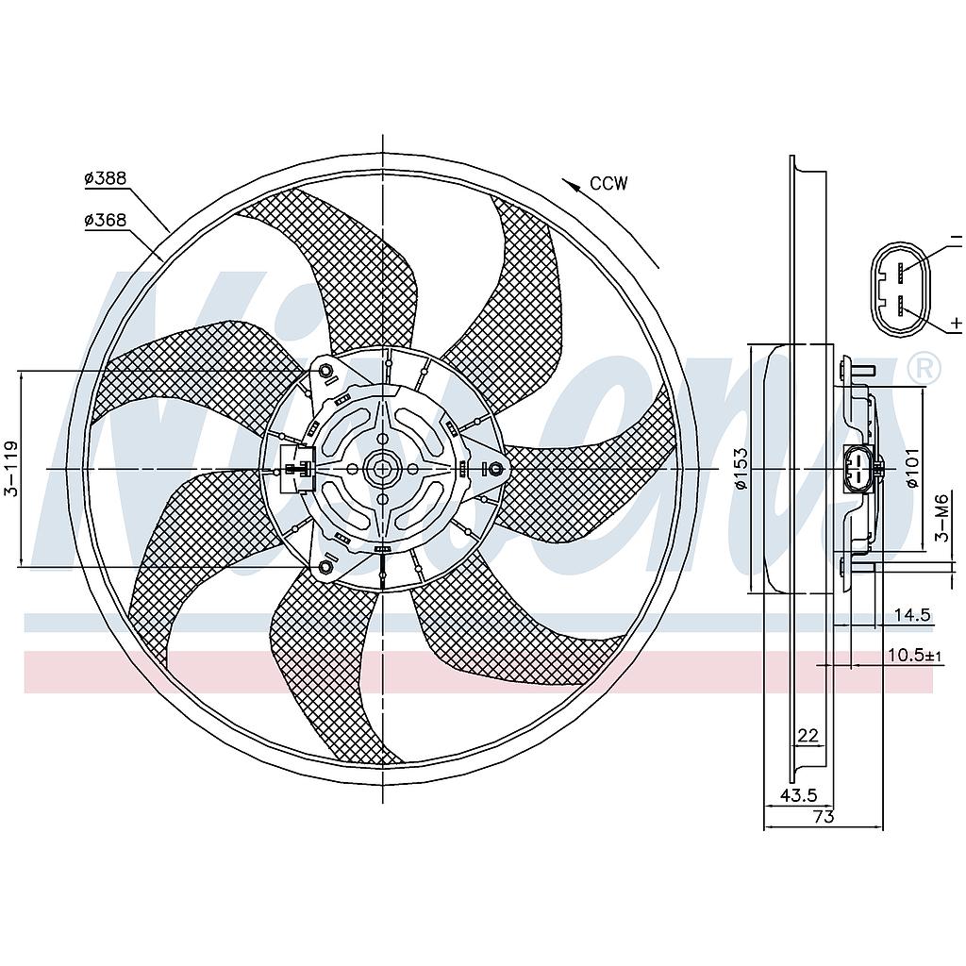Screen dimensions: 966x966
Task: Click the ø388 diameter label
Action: (106, 178)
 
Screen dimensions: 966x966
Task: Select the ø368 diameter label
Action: (106, 219)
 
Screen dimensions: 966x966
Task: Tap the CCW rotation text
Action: (608, 184)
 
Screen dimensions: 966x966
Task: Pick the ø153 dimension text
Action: (741, 468)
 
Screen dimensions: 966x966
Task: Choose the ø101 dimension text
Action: (912, 468)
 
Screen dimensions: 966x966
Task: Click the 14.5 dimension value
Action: (912, 615)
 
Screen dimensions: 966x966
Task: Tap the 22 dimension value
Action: (808, 735)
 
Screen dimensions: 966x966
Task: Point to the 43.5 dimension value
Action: (799, 795)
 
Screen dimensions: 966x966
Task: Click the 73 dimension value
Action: (824, 817)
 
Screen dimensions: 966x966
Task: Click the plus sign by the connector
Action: (956, 322)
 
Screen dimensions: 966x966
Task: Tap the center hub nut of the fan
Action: (382, 469)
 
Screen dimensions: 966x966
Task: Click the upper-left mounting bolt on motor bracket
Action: (325, 372)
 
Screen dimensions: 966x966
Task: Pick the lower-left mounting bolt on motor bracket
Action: (325, 566)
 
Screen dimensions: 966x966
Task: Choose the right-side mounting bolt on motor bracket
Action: (494, 469)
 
